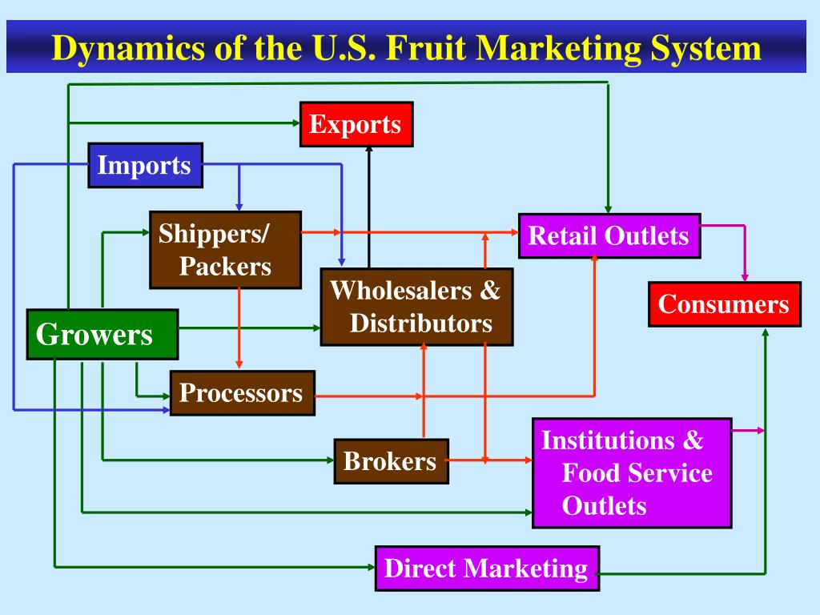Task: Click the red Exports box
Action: [356, 124]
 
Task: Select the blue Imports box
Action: [145, 165]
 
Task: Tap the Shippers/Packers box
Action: [225, 250]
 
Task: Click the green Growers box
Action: [102, 334]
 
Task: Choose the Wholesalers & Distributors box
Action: [416, 307]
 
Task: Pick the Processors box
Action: [242, 393]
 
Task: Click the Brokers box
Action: [391, 461]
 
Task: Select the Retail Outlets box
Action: [609, 235]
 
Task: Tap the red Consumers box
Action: [724, 304]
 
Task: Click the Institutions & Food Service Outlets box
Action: [631, 472]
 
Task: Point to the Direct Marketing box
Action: [487, 569]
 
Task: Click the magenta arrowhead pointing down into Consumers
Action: [745, 276]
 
